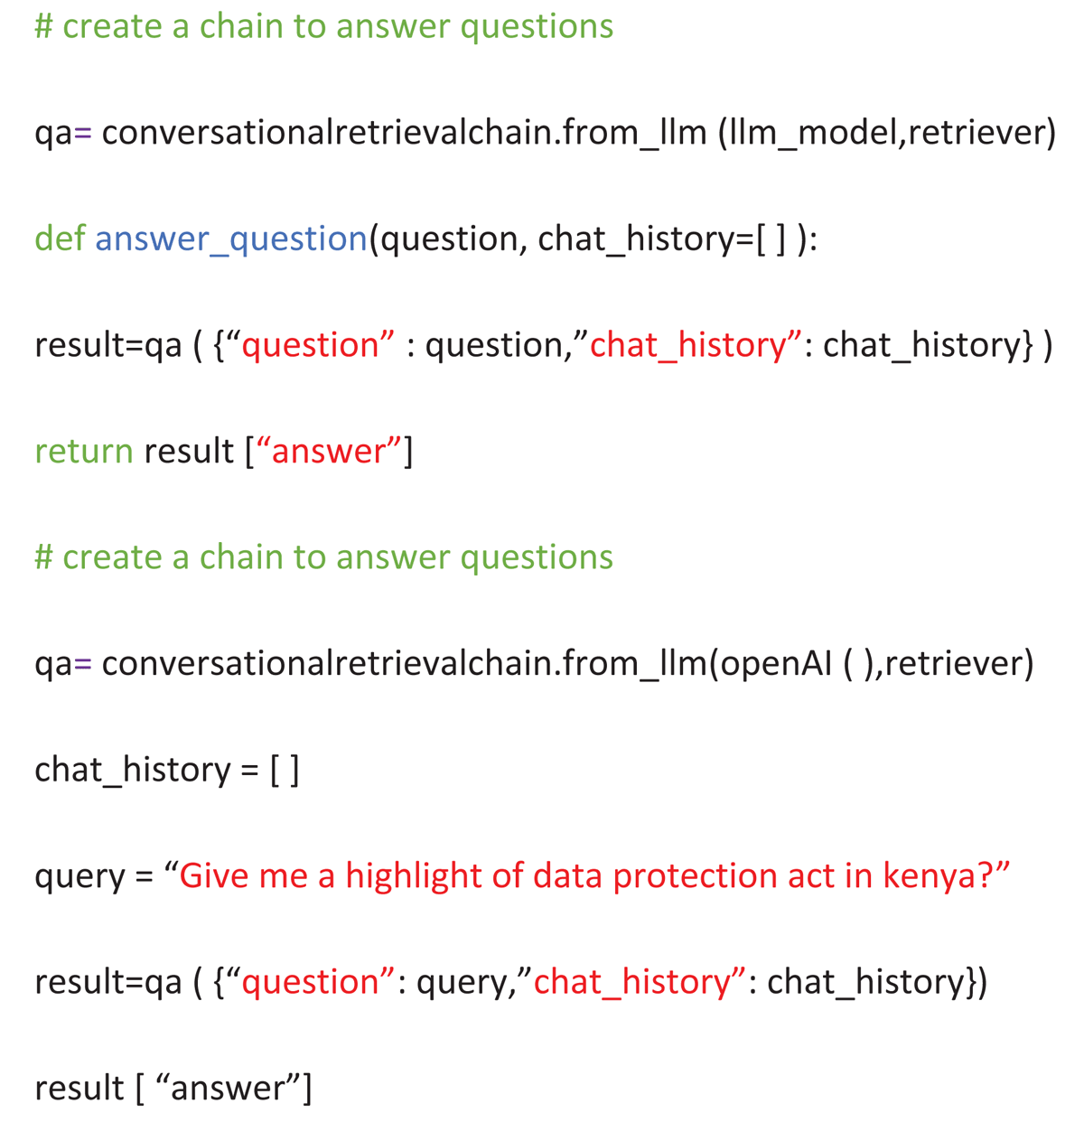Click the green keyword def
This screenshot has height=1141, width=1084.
coord(60,238)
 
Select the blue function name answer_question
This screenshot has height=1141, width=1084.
coord(231,239)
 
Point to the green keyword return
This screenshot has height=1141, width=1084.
coord(83,451)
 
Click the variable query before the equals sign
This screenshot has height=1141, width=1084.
coord(79,876)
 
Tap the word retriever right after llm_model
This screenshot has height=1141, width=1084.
coord(982,133)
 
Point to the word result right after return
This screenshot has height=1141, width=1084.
coord(189,451)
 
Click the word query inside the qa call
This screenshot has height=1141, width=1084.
coord(461,982)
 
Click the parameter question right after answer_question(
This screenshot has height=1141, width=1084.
coord(447,239)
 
